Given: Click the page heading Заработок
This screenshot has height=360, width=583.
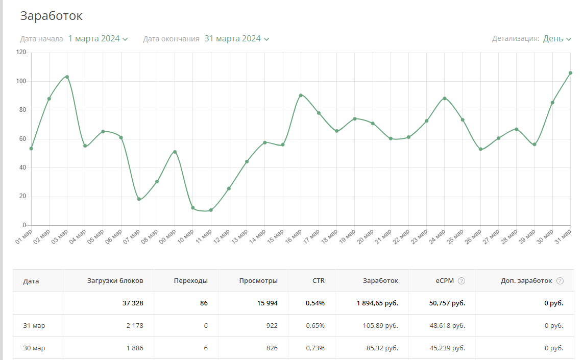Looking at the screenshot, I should pyautogui.click(x=51, y=16).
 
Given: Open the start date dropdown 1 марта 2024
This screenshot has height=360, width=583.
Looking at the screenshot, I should pyautogui.click(x=98, y=39).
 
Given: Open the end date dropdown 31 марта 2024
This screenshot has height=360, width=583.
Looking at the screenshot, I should pyautogui.click(x=236, y=39).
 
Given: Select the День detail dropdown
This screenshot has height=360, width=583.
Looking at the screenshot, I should pyautogui.click(x=557, y=39).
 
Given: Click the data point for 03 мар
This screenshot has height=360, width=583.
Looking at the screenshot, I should pyautogui.click(x=67, y=77).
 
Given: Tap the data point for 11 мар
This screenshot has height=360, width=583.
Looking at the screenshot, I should pyautogui.click(x=211, y=210).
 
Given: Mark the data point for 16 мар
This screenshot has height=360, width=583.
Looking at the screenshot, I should pyautogui.click(x=301, y=95).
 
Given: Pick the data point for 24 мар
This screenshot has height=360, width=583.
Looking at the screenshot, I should pyautogui.click(x=445, y=98).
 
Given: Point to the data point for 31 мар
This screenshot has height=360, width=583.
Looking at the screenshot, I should pyautogui.click(x=570, y=73).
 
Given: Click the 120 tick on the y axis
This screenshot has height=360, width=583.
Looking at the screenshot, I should pyautogui.click(x=21, y=52).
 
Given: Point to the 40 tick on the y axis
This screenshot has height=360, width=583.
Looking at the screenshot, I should pyautogui.click(x=22, y=167).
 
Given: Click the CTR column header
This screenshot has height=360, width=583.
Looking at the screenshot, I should pyautogui.click(x=319, y=281).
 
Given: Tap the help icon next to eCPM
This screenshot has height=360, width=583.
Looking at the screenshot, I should pyautogui.click(x=461, y=281).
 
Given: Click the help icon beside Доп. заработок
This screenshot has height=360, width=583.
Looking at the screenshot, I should pyautogui.click(x=560, y=281).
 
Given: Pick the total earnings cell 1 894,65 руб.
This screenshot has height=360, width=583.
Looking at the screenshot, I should pyautogui.click(x=377, y=303).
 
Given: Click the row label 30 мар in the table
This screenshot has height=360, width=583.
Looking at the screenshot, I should pyautogui.click(x=34, y=348).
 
